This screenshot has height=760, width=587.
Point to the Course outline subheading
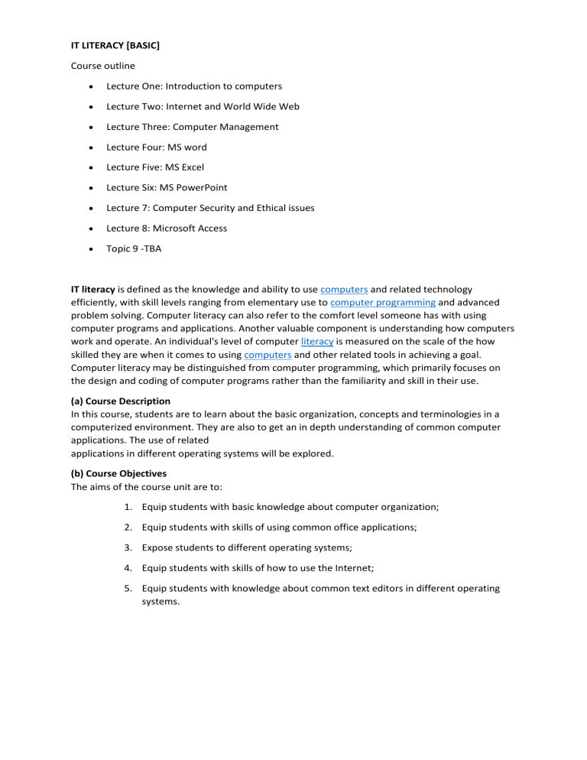click(x=102, y=66)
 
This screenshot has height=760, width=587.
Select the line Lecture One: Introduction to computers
click(x=193, y=86)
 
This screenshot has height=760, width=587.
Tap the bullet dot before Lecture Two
click(x=91, y=107)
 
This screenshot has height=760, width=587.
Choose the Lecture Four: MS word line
click(x=156, y=147)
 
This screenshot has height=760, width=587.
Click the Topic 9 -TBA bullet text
click(x=134, y=248)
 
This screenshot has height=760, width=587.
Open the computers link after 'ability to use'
click(x=344, y=290)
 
